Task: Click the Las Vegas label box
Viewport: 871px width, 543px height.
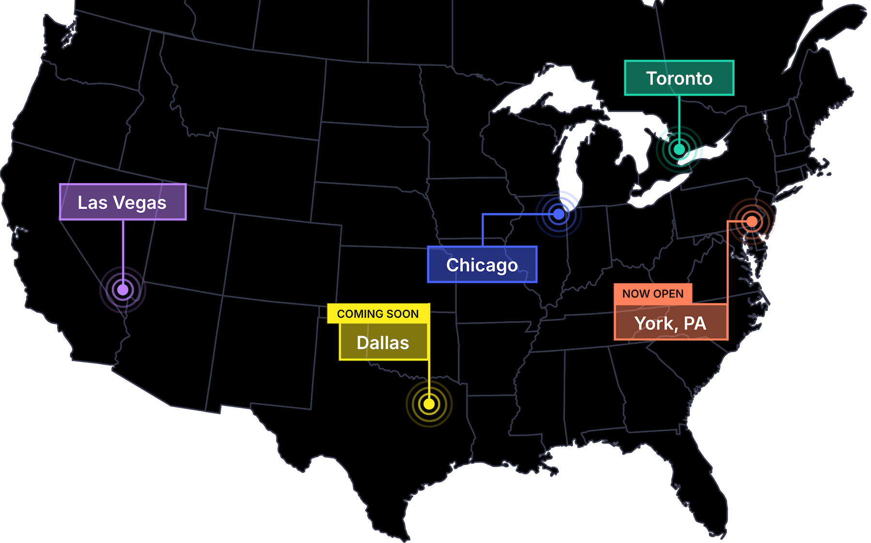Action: tap(123, 202)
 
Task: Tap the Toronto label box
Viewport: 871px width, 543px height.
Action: tap(679, 78)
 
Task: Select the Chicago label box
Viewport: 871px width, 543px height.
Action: tap(482, 264)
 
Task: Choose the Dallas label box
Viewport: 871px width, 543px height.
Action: tap(383, 342)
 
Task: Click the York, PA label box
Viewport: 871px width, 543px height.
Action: tap(671, 323)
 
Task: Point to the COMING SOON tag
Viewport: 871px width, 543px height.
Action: tap(378, 313)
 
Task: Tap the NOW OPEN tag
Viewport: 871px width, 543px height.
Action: tap(653, 294)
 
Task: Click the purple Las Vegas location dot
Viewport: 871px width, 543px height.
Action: tap(123, 290)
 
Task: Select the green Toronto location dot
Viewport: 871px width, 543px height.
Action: tap(679, 149)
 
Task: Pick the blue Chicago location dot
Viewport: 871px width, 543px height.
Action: tap(559, 214)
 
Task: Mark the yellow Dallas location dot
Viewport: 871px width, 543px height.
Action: tap(429, 403)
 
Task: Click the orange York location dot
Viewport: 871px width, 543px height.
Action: tap(752, 221)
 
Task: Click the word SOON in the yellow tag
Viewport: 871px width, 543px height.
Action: tap(404, 313)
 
